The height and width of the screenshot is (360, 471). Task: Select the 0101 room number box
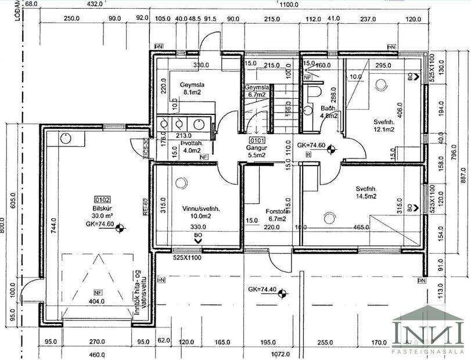[256, 141]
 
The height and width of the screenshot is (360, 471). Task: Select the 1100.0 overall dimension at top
[288, 4]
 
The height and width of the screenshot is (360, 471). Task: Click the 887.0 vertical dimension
[462, 174]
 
